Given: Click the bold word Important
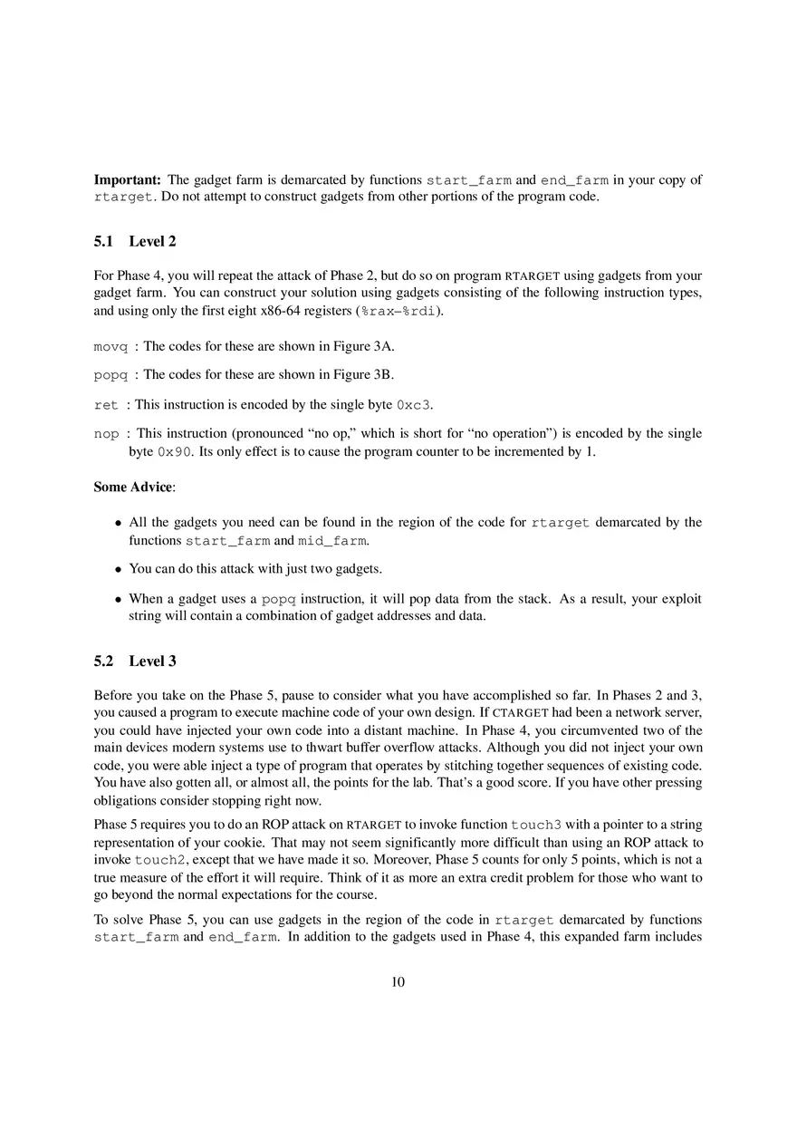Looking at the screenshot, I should pyautogui.click(x=127, y=179).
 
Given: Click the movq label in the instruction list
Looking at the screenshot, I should pyautogui.click(x=110, y=346).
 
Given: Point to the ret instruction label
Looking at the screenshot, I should pyautogui.click(x=106, y=404).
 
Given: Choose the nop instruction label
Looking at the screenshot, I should pyautogui.click(x=106, y=434).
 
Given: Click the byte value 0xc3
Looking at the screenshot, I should pyautogui.click(x=414, y=404).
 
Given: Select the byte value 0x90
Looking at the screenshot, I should pyautogui.click(x=174, y=451).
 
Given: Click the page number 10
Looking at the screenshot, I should pyautogui.click(x=398, y=982).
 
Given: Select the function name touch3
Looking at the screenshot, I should pyautogui.click(x=536, y=825).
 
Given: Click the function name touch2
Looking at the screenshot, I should pyautogui.click(x=159, y=860).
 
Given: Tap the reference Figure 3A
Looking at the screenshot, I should pyautogui.click(x=361, y=346).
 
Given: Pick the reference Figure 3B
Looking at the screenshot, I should pyautogui.click(x=360, y=375).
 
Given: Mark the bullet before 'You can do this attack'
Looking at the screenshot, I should pyautogui.click(x=119, y=570).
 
